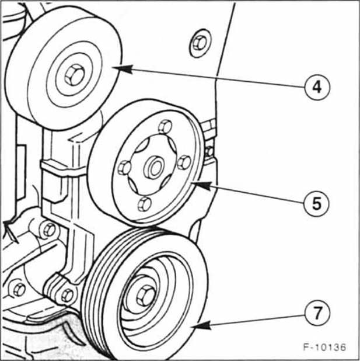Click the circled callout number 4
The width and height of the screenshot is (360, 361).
[316, 87]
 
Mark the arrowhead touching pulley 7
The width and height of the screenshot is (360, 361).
[194, 327]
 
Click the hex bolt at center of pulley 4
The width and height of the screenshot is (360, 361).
[74, 75]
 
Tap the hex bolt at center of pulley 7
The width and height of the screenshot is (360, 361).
[144, 296]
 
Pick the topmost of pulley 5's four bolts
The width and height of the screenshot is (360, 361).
[165, 126]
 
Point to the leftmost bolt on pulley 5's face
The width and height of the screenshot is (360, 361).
[124, 168]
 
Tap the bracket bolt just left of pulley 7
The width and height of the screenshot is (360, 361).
[67, 294]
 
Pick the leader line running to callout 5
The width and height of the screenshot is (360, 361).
[251, 195]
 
